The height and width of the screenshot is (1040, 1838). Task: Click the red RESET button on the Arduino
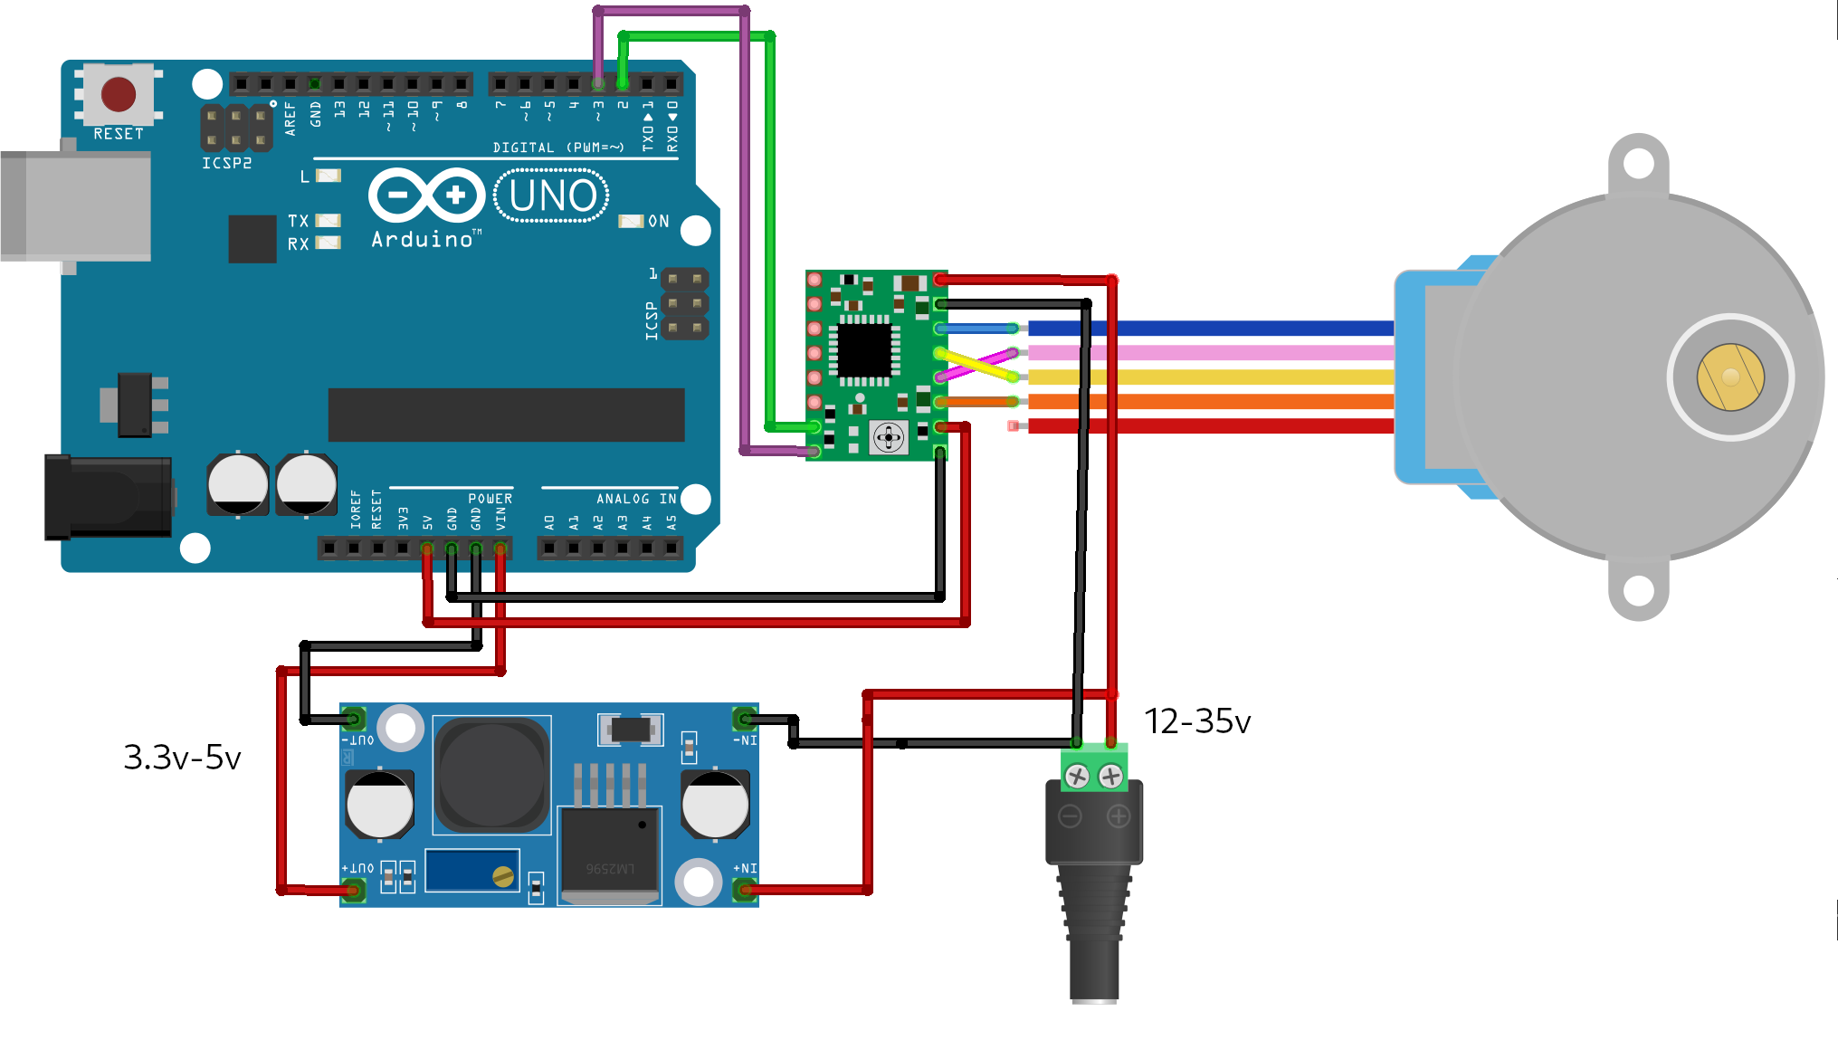tap(119, 93)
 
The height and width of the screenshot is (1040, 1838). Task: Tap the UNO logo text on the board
tap(552, 196)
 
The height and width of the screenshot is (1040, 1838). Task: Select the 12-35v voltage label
tap(1197, 721)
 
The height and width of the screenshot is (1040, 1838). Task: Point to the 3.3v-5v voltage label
tap(182, 758)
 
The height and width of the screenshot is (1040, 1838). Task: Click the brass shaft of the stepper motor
tap(1730, 377)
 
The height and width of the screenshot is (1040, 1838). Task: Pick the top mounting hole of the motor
tap(1638, 164)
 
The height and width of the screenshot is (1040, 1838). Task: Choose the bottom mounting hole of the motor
tap(1638, 591)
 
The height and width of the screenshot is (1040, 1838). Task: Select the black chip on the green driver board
tap(864, 350)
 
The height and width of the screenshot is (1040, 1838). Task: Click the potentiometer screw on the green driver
tap(889, 438)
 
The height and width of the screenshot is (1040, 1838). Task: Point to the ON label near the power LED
tap(659, 222)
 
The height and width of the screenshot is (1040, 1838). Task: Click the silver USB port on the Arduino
tap(76, 206)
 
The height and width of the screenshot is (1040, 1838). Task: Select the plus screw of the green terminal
tap(1111, 776)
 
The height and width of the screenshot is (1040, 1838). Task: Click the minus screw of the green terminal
tap(1077, 776)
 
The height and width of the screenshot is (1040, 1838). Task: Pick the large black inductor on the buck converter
tap(491, 774)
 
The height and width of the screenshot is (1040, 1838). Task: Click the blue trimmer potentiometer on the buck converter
tap(471, 871)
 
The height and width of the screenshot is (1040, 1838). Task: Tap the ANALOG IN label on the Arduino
tap(636, 499)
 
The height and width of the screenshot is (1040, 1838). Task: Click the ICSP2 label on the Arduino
tap(226, 163)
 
